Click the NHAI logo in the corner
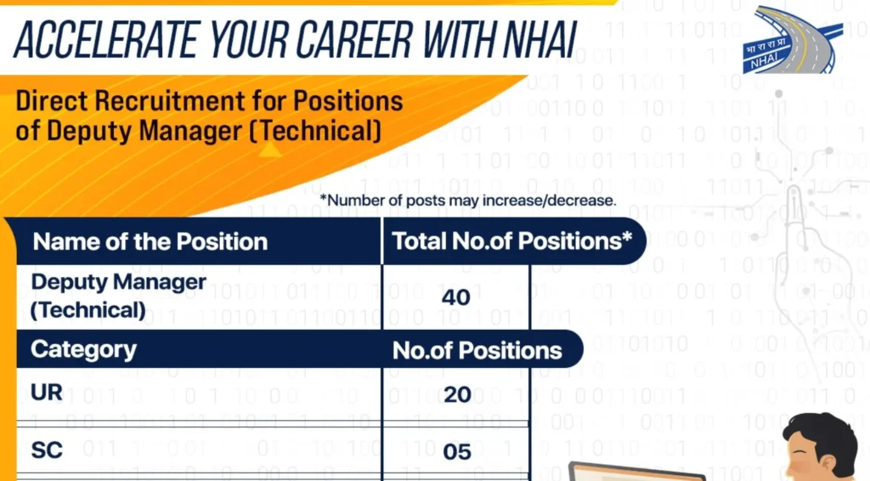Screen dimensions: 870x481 point(793,40)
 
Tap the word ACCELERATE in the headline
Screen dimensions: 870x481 point(105,40)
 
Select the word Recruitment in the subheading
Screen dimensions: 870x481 point(170,101)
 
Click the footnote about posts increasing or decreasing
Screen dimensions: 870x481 point(468,201)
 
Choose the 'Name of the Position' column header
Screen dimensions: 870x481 point(150,242)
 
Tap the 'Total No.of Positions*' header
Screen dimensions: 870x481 point(512,241)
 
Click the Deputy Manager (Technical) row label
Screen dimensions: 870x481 point(118,296)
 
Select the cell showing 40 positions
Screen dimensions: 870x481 point(456,298)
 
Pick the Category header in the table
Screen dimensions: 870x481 point(83,349)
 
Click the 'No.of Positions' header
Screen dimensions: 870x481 point(477,351)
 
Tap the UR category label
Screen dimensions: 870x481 point(47,393)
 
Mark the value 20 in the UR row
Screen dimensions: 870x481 point(457,395)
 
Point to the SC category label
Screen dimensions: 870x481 point(47,450)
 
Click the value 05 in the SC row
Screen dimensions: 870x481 point(457,452)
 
